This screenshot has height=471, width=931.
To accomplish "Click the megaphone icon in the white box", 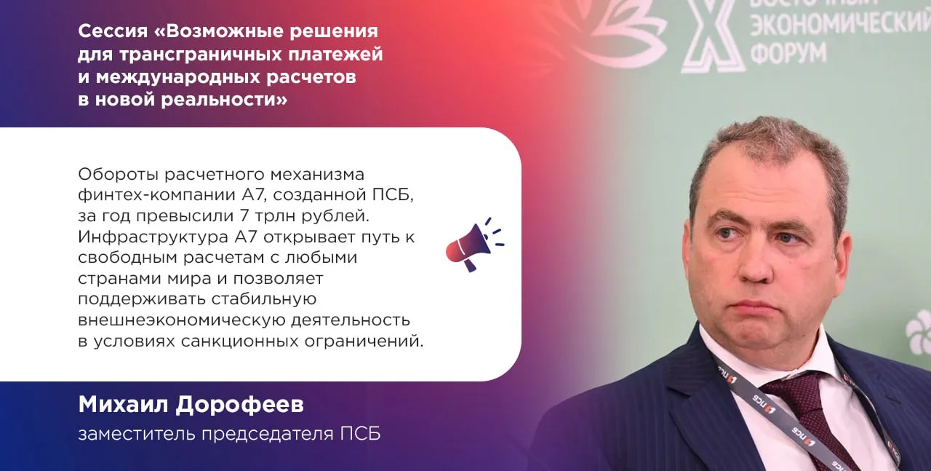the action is coord(474,245).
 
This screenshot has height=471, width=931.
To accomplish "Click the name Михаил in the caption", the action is coord(124,405).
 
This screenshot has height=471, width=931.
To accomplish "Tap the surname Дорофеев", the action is coord(240,405).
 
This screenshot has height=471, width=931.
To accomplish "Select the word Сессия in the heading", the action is coord(113,31).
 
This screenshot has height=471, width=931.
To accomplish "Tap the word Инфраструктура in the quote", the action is coord(153,237).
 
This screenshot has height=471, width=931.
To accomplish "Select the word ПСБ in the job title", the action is coord(360,434).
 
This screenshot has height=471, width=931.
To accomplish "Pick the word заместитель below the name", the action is coord(137,435).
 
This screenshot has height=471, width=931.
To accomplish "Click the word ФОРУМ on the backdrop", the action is coord(788,52).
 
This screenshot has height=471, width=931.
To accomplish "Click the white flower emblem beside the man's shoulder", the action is coord(919,332).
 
